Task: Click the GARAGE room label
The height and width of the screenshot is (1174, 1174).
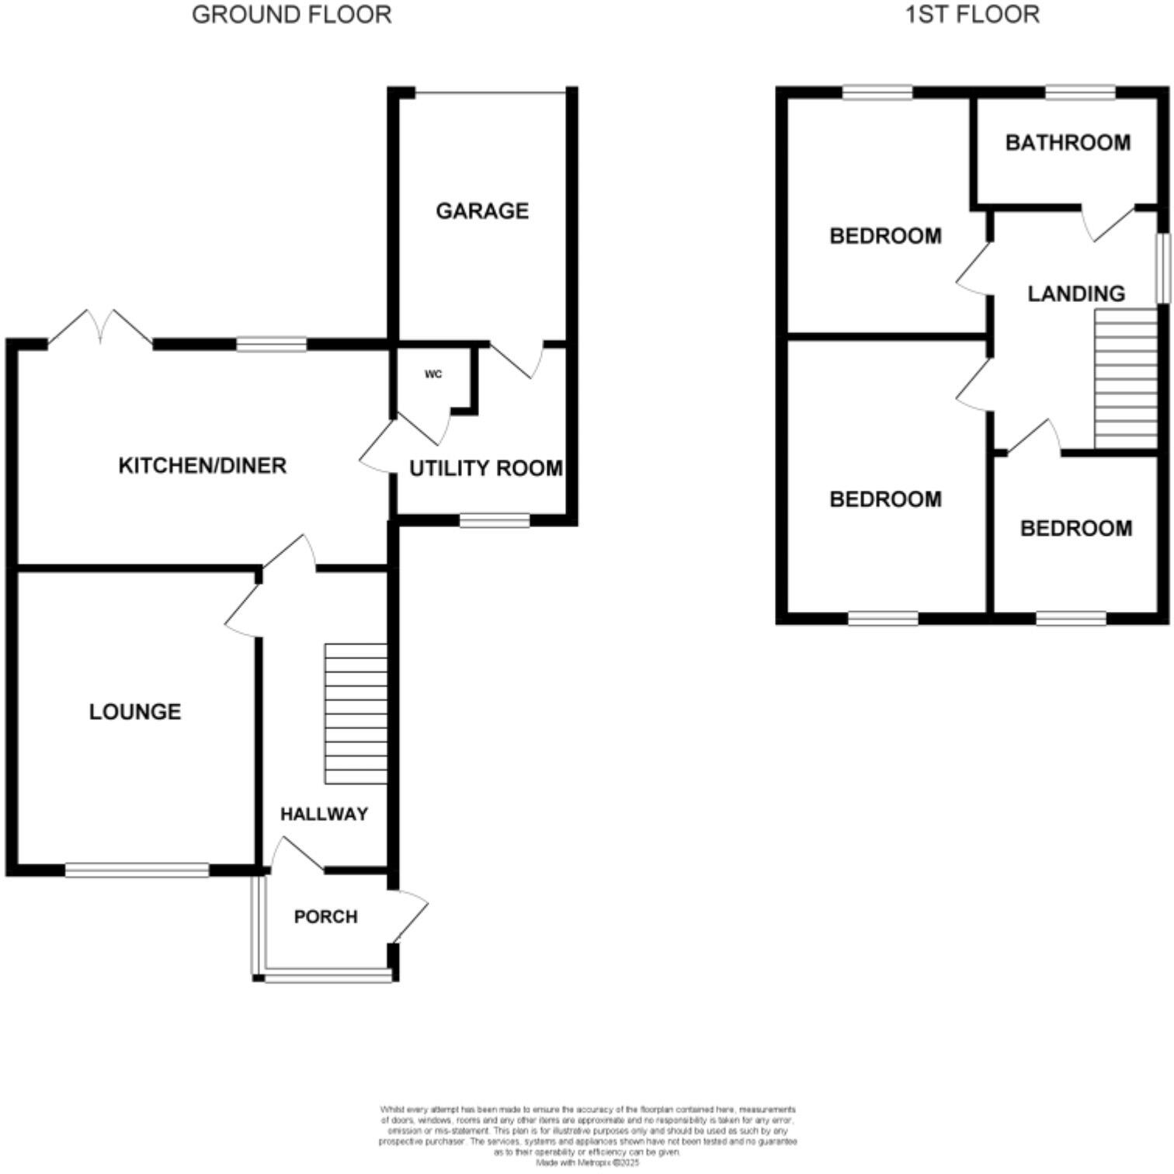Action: pyautogui.click(x=482, y=211)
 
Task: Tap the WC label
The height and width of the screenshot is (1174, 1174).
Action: pyautogui.click(x=433, y=374)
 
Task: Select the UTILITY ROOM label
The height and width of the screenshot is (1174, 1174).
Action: pyautogui.click(x=486, y=468)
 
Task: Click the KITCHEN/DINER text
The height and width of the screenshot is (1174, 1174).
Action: pyautogui.click(x=202, y=465)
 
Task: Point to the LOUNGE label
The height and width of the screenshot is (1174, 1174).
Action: pyautogui.click(x=135, y=711)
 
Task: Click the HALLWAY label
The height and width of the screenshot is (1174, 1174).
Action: pyautogui.click(x=324, y=814)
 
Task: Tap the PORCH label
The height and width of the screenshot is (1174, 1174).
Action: pyautogui.click(x=326, y=916)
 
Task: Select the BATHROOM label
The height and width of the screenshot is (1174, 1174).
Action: pyautogui.click(x=1068, y=143)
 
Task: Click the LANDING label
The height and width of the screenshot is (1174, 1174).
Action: pyautogui.click(x=1076, y=293)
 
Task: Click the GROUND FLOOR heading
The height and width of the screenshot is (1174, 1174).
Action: pyautogui.click(x=291, y=15)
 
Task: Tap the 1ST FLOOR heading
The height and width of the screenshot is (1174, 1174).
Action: pyautogui.click(x=972, y=15)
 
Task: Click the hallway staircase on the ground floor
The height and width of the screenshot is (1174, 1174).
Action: pyautogui.click(x=356, y=713)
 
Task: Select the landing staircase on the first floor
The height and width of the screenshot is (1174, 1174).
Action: pyautogui.click(x=1125, y=379)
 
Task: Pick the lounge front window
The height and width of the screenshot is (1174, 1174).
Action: pyautogui.click(x=137, y=870)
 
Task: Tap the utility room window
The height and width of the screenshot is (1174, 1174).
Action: pyautogui.click(x=495, y=520)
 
